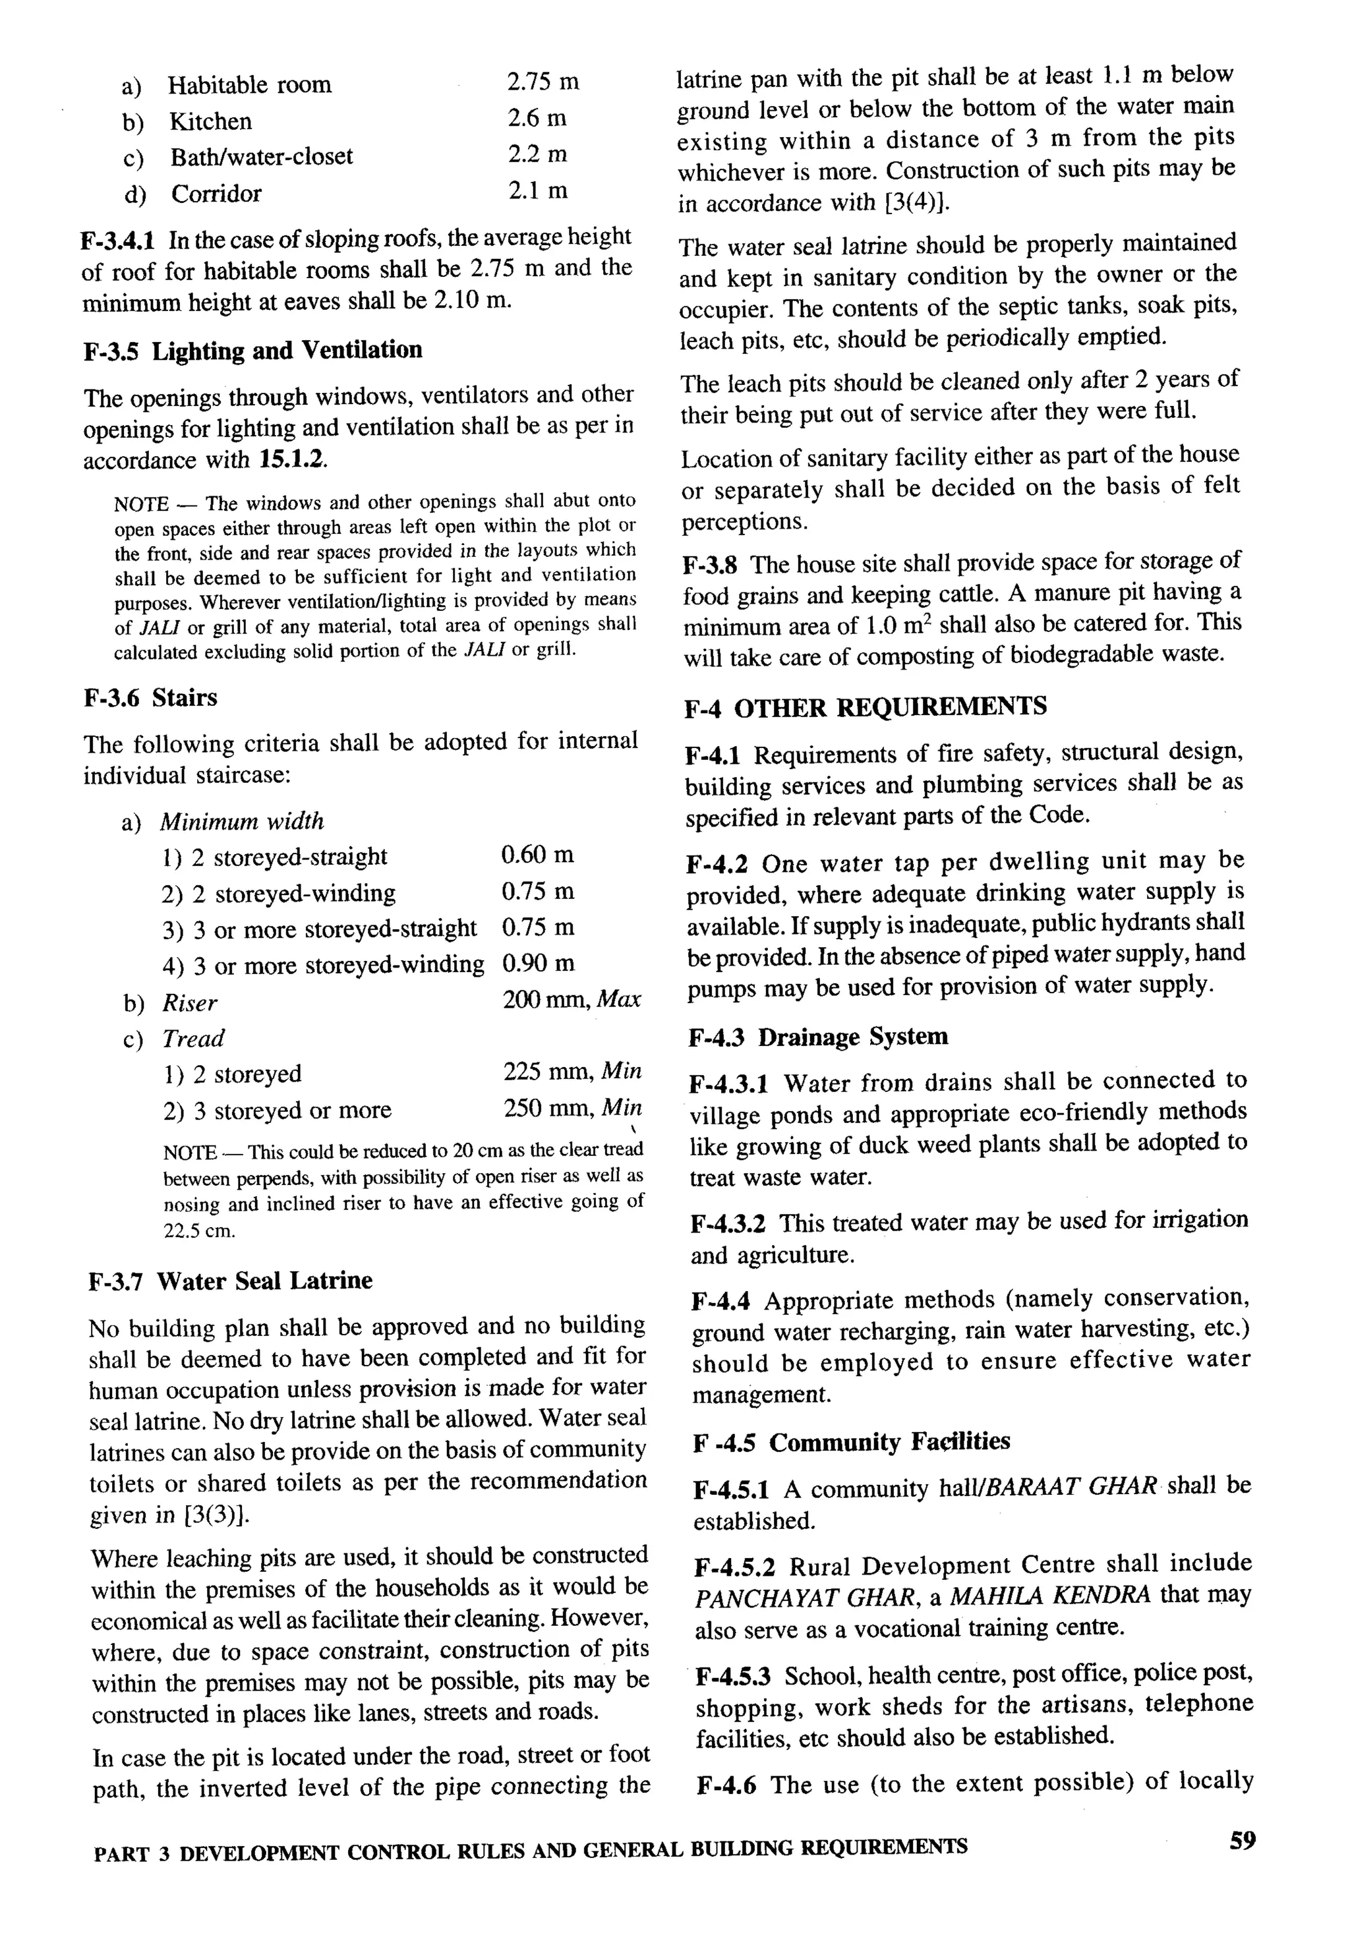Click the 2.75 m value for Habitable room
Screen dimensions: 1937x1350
click(542, 82)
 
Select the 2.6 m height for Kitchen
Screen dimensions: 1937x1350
click(536, 118)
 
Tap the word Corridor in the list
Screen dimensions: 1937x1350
click(216, 194)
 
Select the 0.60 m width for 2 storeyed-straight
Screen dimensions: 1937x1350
click(537, 855)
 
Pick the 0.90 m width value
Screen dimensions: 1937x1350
click(537, 964)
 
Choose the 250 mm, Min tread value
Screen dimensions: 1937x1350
click(572, 1109)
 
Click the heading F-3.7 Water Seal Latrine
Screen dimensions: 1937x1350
click(230, 1281)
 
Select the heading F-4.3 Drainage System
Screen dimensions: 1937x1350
click(817, 1037)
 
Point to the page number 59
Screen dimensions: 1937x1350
click(1242, 1840)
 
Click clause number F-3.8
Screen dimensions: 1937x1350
click(711, 564)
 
